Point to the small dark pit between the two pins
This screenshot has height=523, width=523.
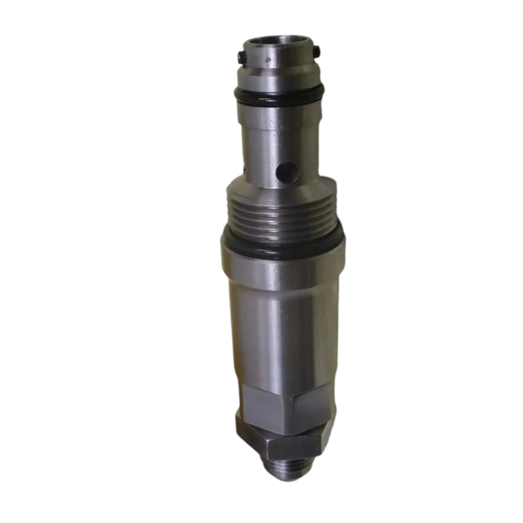(269, 60)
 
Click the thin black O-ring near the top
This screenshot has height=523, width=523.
(278, 93)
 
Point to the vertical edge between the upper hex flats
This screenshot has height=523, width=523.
(290, 403)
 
